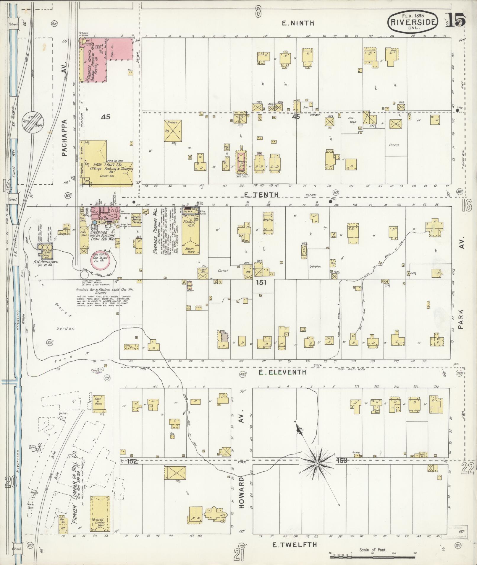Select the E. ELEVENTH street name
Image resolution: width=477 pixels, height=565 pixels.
point(282,372)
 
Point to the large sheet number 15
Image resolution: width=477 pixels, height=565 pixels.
point(456,20)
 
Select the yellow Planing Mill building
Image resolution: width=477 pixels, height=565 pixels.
point(190,233)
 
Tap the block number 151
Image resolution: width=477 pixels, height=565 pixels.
point(261,282)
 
